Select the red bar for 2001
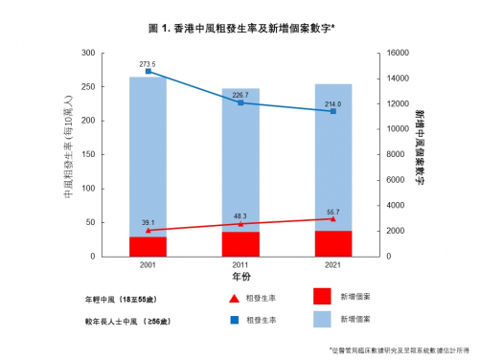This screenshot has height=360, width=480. pyautogui.click(x=148, y=246)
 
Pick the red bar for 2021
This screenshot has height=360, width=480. pyautogui.click(x=332, y=243)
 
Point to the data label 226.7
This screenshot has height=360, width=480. pyautogui.click(x=240, y=94)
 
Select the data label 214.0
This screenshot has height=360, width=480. pyautogui.click(x=332, y=102)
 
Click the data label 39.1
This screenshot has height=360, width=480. pyautogui.click(x=148, y=222)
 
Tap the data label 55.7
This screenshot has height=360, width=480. pyautogui.click(x=332, y=211)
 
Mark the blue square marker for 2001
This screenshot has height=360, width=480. pyautogui.click(x=148, y=71)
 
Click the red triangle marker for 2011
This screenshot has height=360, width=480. pyautogui.click(x=240, y=224)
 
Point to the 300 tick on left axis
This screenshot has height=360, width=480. pyautogui.click(x=89, y=53)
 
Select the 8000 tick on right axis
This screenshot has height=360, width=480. pyautogui.click(x=399, y=154)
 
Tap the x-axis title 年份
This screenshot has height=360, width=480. pyautogui.click(x=240, y=276)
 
